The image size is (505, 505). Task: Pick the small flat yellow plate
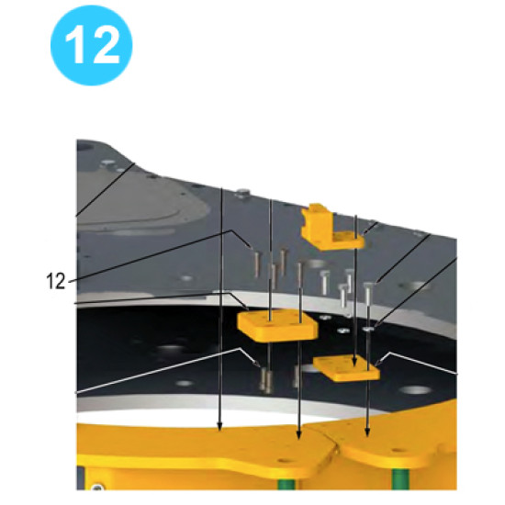(x=348, y=368)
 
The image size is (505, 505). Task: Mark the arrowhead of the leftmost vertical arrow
(x=220, y=427)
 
